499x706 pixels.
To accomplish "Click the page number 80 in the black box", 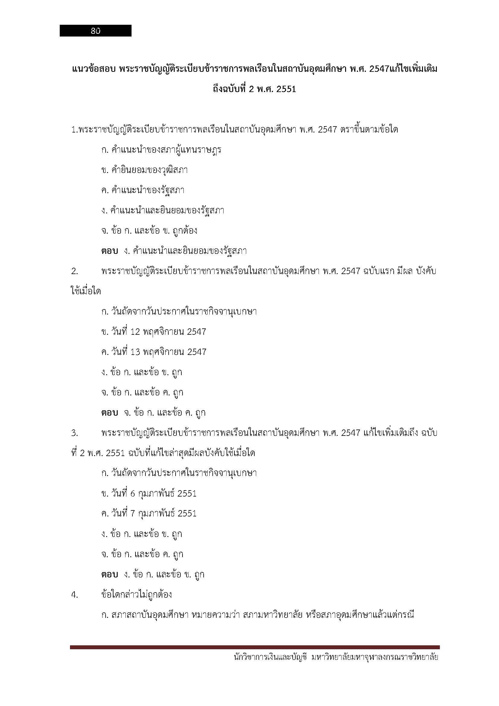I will [96, 31].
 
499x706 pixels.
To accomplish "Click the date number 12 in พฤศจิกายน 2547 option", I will [135, 332].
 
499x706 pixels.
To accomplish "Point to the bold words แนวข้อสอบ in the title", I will [94, 69].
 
